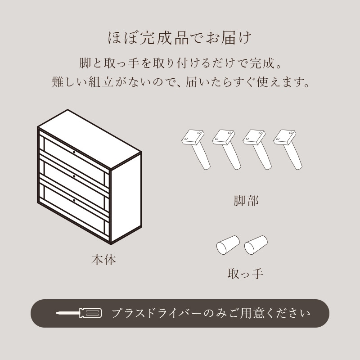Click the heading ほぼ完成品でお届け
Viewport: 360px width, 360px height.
180,37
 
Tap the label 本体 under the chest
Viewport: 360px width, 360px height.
104,260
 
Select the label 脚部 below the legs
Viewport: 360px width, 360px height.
247,201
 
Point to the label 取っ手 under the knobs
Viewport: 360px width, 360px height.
245,273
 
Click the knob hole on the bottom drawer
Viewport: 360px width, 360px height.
74,199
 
